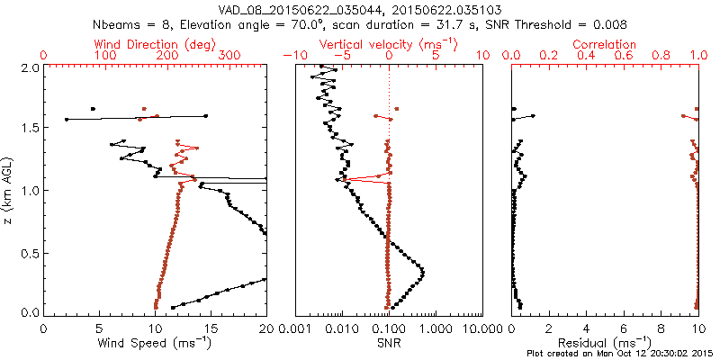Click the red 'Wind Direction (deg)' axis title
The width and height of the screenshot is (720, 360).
tap(156, 44)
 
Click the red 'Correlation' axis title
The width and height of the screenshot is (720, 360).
tap(605, 44)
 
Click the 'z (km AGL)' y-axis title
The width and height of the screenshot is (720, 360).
tap(8, 189)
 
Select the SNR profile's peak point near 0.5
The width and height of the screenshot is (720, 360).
tap(423, 272)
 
